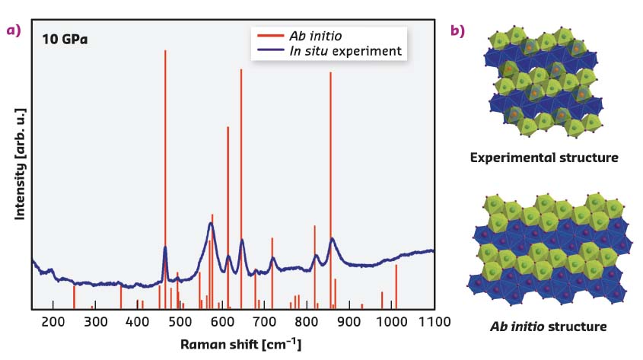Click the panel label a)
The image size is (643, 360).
tap(13, 30)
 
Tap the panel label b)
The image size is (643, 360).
tap(459, 30)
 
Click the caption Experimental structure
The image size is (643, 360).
tap(543, 158)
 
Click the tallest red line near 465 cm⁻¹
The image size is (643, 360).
tap(165, 152)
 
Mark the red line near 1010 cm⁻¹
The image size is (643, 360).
tap(396, 285)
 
